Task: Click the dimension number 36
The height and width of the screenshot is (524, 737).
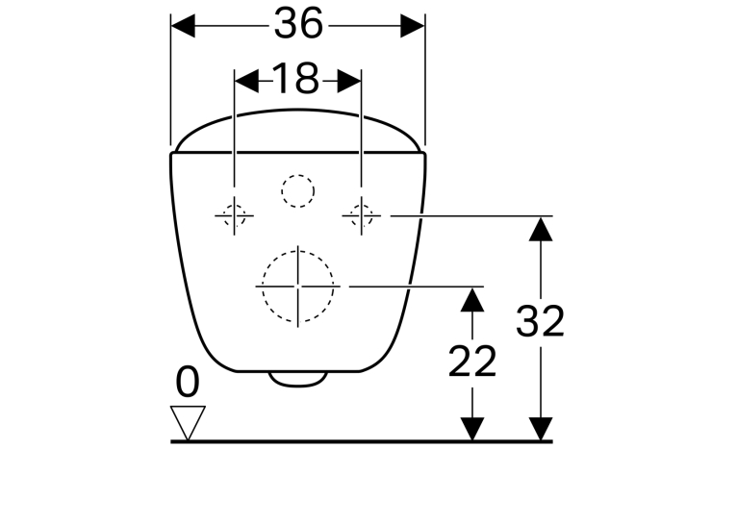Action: pos(298,23)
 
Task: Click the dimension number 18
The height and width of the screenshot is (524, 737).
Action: pos(295,78)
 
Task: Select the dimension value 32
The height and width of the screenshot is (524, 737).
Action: pos(540,321)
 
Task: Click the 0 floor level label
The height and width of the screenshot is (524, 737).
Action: pos(188,383)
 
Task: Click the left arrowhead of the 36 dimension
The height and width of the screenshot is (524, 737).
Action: pos(183,26)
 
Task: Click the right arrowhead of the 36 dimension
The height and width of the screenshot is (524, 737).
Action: pos(413,26)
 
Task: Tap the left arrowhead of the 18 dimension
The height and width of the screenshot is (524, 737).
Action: pos(246,81)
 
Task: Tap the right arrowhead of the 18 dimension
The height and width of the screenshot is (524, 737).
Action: pos(349,81)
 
